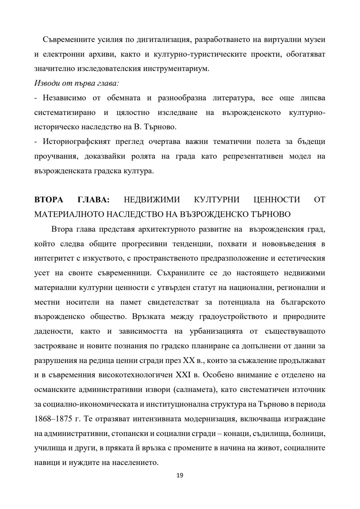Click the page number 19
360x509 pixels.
click(x=180, y=475)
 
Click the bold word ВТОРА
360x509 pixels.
click(x=49, y=200)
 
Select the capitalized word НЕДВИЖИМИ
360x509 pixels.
click(x=152, y=200)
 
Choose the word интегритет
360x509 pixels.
click(x=53, y=258)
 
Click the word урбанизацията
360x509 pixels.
click(x=210, y=331)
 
